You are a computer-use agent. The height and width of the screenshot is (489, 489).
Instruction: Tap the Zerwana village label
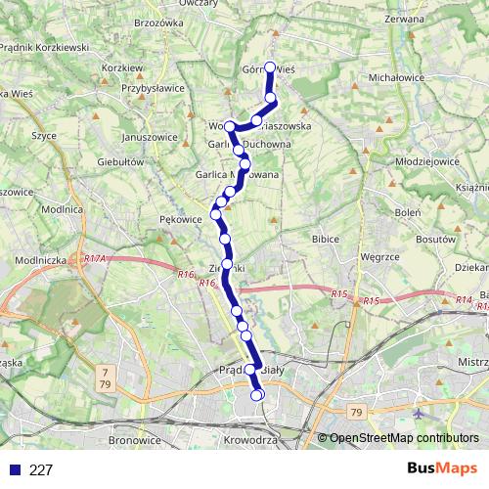pyautogui.click(x=405, y=20)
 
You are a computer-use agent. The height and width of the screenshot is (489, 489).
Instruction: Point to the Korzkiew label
pyautogui.click(x=122, y=67)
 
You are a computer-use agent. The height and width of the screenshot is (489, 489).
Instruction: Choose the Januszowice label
pyautogui.click(x=151, y=137)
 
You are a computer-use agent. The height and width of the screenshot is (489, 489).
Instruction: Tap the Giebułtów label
pyautogui.click(x=120, y=161)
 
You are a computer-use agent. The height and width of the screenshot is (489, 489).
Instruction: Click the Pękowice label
pyautogui.click(x=181, y=219)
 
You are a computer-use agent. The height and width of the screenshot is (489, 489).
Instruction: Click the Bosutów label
pyautogui.click(x=436, y=239)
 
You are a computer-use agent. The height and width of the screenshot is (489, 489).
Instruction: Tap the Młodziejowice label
pyautogui.click(x=427, y=161)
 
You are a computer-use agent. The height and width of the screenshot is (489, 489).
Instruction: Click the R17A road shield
pyautogui.click(x=95, y=258)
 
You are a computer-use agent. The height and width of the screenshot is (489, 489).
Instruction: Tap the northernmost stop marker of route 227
pyautogui.click(x=271, y=68)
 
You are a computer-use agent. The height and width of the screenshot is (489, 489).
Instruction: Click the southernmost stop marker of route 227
pyautogui.click(x=259, y=395)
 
